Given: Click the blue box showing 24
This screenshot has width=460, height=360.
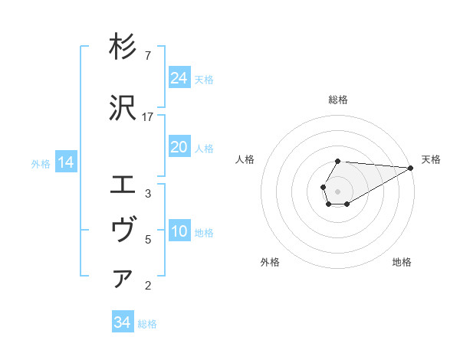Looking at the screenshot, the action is click(x=179, y=77).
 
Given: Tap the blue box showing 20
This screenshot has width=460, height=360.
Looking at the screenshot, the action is click(x=179, y=147).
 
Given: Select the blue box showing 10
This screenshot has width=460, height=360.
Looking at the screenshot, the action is click(x=179, y=231).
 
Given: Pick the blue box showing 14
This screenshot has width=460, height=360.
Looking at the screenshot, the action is click(x=66, y=162).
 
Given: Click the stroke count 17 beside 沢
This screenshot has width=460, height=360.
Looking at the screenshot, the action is click(x=148, y=116).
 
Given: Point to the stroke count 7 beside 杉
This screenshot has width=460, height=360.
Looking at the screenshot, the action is click(x=147, y=56).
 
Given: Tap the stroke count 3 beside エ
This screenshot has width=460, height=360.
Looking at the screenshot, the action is click(x=147, y=194).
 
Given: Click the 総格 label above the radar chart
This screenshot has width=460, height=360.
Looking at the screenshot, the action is click(x=338, y=100).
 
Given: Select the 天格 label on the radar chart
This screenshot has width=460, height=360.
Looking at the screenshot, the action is click(x=431, y=159).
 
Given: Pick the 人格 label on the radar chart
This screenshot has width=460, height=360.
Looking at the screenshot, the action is click(x=245, y=159).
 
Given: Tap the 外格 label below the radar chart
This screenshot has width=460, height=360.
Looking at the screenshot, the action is click(x=270, y=263).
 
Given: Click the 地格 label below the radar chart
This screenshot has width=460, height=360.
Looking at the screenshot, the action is click(x=402, y=263).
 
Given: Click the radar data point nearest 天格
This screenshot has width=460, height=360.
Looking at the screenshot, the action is click(x=411, y=168).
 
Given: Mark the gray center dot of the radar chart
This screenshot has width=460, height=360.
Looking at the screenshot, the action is click(x=338, y=191).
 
